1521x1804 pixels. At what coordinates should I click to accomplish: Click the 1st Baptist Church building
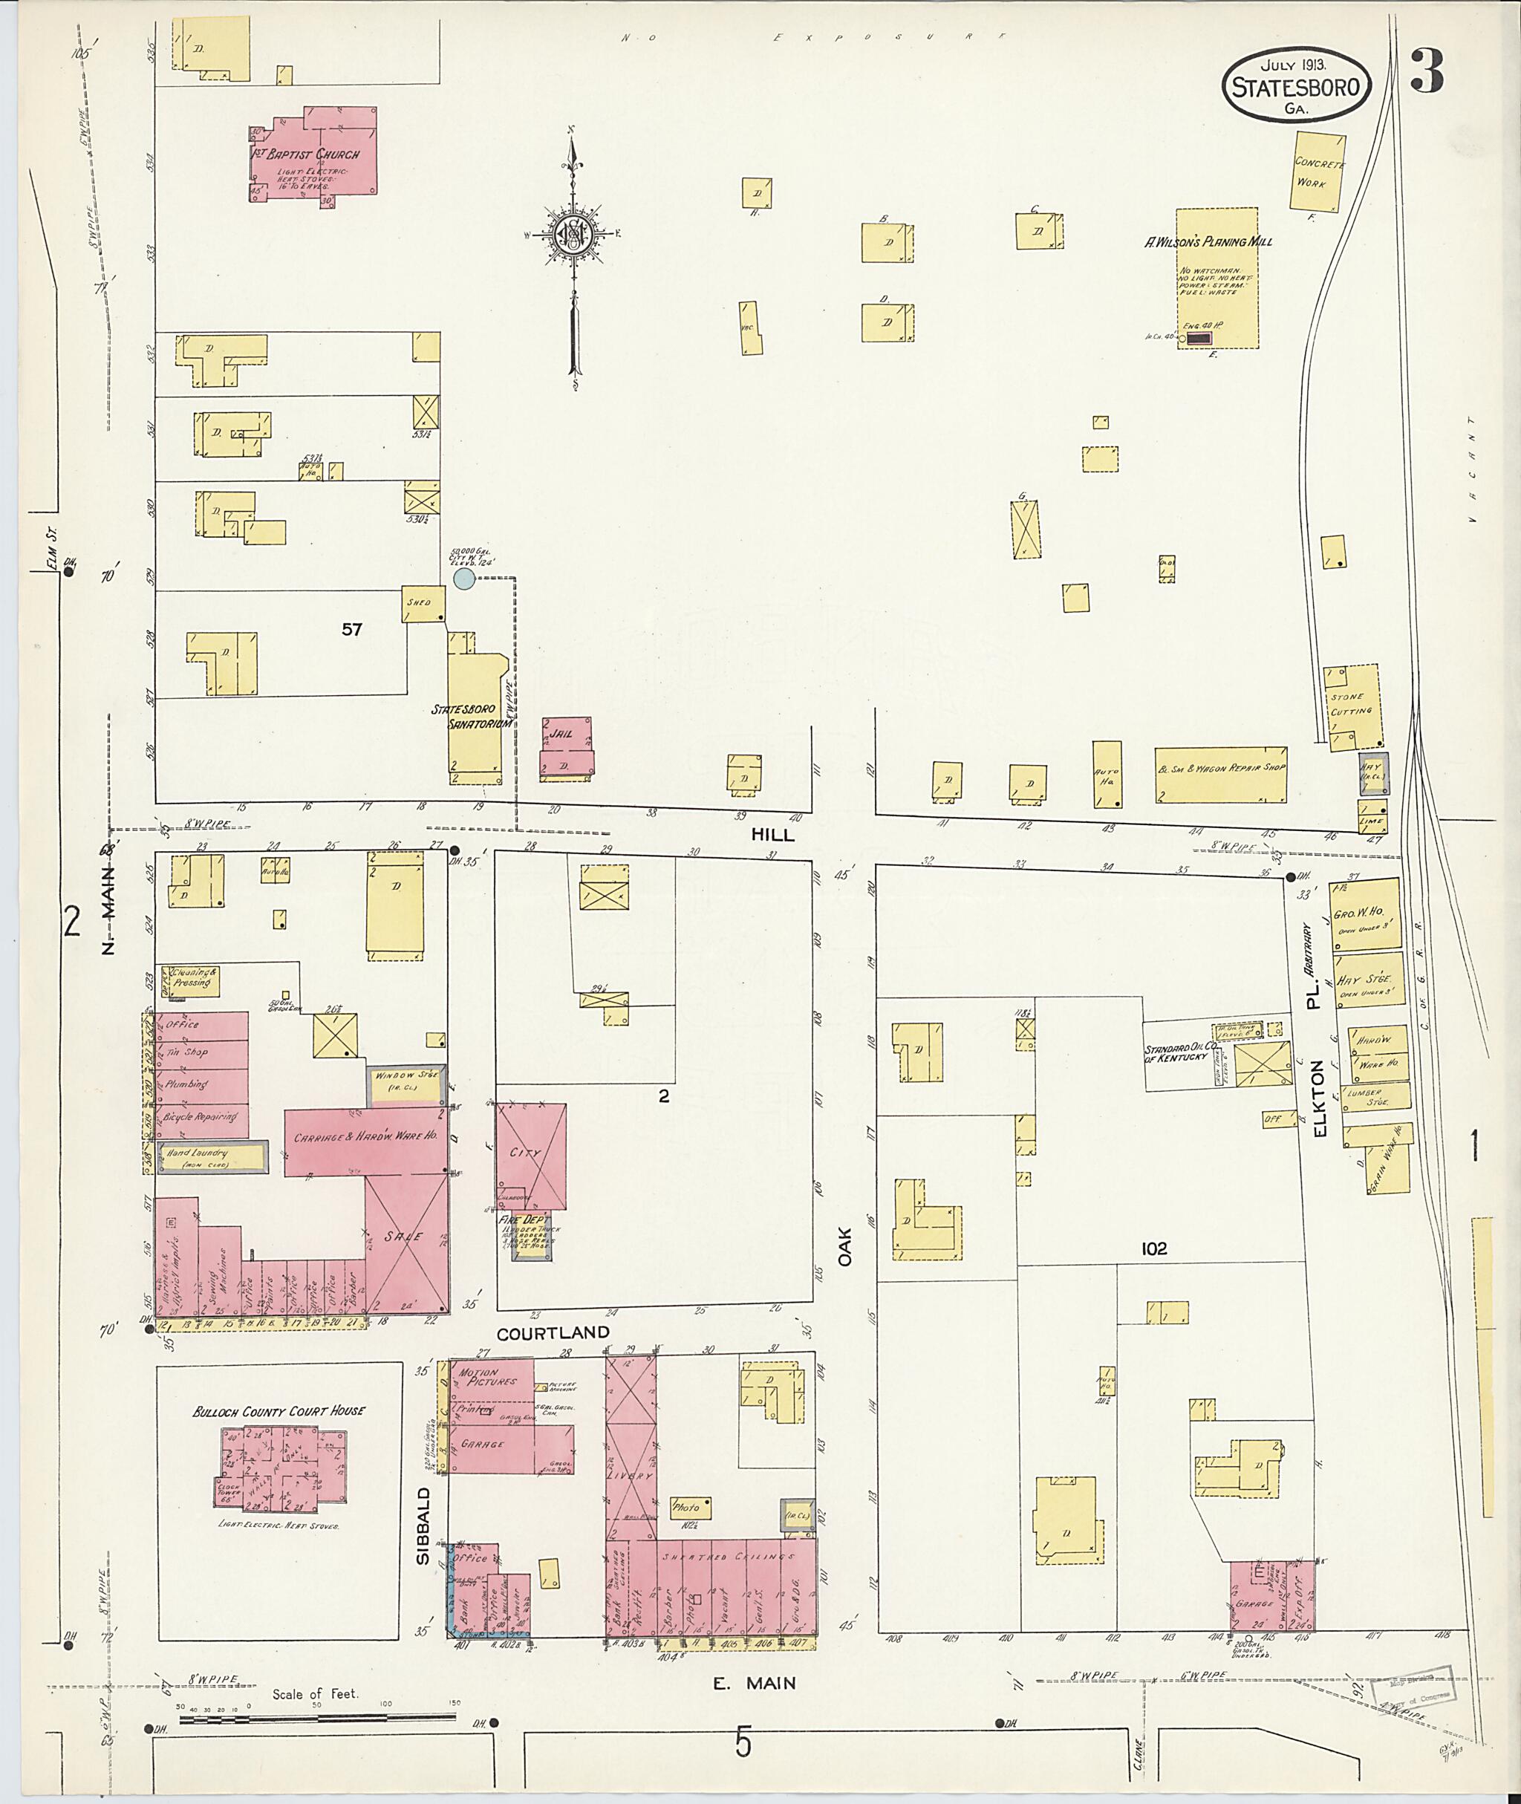319,155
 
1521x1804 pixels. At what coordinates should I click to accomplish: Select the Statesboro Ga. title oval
1296,85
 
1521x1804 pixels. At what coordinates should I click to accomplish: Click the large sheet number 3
1426,73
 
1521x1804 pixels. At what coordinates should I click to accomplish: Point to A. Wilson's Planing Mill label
1208,242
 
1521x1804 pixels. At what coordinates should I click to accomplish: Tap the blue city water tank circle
465,579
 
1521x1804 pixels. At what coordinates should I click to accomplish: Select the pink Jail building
567,749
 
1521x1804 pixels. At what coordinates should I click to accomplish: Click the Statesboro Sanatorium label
470,717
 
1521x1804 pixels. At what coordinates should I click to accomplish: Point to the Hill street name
772,836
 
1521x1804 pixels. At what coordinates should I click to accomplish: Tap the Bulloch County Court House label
279,1411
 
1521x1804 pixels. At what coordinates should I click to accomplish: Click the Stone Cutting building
1352,705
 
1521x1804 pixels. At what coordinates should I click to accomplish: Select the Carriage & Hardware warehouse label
365,1136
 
